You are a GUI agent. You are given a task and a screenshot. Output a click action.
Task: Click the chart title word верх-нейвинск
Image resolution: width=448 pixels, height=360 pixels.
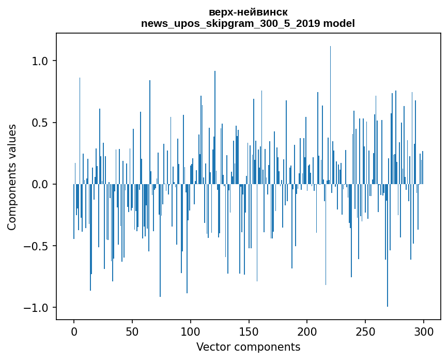[x=248, y=12]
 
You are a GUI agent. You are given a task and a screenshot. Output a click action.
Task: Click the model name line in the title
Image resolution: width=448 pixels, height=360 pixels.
[x=248, y=23]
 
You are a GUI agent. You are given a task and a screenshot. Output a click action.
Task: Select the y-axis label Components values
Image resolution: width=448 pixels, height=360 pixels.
[x=12, y=177]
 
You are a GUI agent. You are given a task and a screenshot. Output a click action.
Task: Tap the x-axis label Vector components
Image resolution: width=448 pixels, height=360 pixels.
[x=248, y=347]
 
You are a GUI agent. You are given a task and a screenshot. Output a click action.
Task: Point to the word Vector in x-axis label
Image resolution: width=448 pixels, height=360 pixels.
[x=213, y=347]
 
